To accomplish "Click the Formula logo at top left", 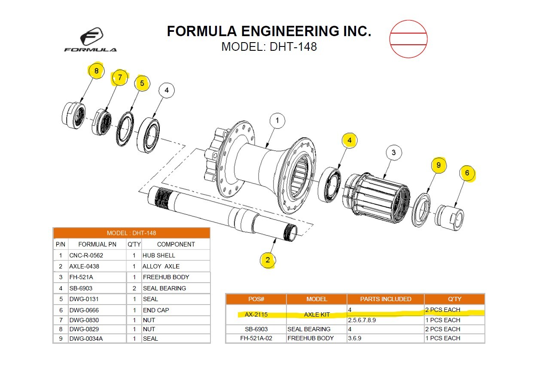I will [x=91, y=40].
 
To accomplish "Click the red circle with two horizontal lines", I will [x=408, y=39].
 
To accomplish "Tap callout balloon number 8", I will [x=96, y=71].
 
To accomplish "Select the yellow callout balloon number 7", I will [x=120, y=78].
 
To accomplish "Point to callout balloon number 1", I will [x=277, y=121].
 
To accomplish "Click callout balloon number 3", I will [x=393, y=152].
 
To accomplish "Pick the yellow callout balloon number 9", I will [x=438, y=165].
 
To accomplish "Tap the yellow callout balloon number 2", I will [x=268, y=260].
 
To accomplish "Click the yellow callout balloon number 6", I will [x=467, y=173].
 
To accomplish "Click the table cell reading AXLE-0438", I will [x=84, y=266].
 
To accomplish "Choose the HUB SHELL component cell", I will [x=159, y=255].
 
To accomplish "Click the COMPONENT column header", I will [x=176, y=244].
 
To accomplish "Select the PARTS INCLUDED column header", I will [x=385, y=299].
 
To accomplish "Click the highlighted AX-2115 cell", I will [x=256, y=314].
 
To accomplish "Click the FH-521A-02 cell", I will [x=256, y=338].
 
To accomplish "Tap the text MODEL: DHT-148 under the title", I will [x=269, y=46].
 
